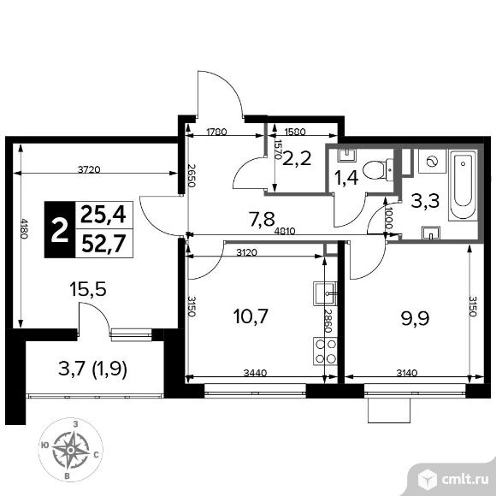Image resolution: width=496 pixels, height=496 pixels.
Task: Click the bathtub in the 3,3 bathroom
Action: (x=463, y=186)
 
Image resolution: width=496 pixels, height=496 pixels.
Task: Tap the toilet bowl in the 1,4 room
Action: (x=378, y=170)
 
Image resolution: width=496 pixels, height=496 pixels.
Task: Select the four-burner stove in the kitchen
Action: (x=326, y=351)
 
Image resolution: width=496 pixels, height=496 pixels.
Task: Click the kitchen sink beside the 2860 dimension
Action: (x=325, y=293)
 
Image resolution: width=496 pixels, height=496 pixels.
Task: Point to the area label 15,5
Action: (x=87, y=289)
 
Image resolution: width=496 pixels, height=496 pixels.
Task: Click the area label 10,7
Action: (x=251, y=316)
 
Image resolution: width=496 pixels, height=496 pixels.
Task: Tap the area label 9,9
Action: (x=415, y=318)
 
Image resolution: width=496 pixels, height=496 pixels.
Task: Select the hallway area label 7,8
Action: (x=262, y=219)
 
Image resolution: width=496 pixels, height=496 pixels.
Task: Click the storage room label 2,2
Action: (x=297, y=158)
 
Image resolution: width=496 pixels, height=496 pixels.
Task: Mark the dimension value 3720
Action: (x=89, y=170)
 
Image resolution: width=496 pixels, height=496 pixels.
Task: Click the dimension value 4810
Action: (x=285, y=231)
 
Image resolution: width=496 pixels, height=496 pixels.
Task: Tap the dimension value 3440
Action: (x=256, y=373)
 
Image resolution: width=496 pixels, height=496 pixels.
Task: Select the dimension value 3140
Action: (x=407, y=373)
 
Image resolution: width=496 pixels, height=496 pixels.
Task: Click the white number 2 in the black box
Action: (x=60, y=231)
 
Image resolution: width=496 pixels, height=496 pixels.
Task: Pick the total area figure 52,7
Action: (x=103, y=244)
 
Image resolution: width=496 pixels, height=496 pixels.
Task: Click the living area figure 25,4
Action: (x=103, y=214)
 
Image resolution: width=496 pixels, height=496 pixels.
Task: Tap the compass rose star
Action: (x=71, y=450)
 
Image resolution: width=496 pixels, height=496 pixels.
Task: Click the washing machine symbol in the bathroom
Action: (x=432, y=162)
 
